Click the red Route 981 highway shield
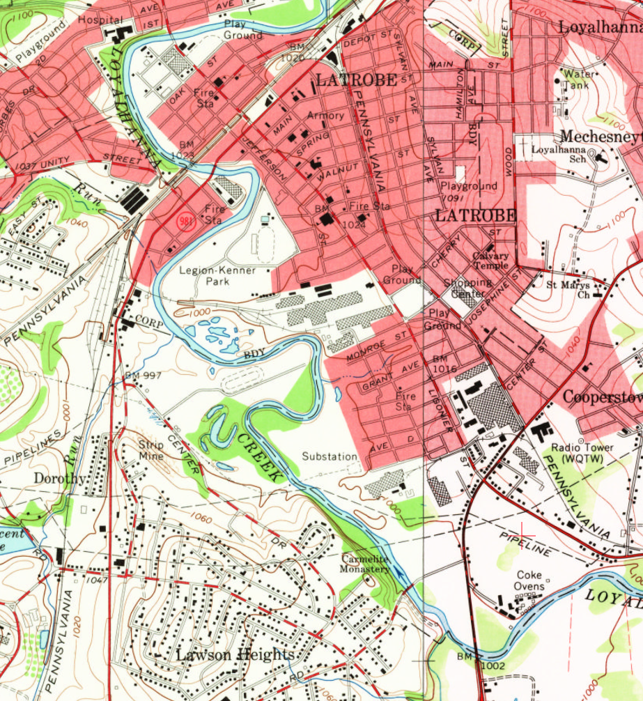(185, 218)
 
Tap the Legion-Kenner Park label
(217, 276)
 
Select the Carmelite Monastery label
(365, 564)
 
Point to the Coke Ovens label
(529, 580)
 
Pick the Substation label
(330, 456)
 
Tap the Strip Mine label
(151, 451)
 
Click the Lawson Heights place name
(235, 655)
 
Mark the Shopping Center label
(467, 287)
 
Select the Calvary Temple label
(490, 261)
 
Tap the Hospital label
(100, 20)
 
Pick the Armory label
(326, 115)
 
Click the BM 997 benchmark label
(143, 376)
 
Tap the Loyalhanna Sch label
(557, 154)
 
